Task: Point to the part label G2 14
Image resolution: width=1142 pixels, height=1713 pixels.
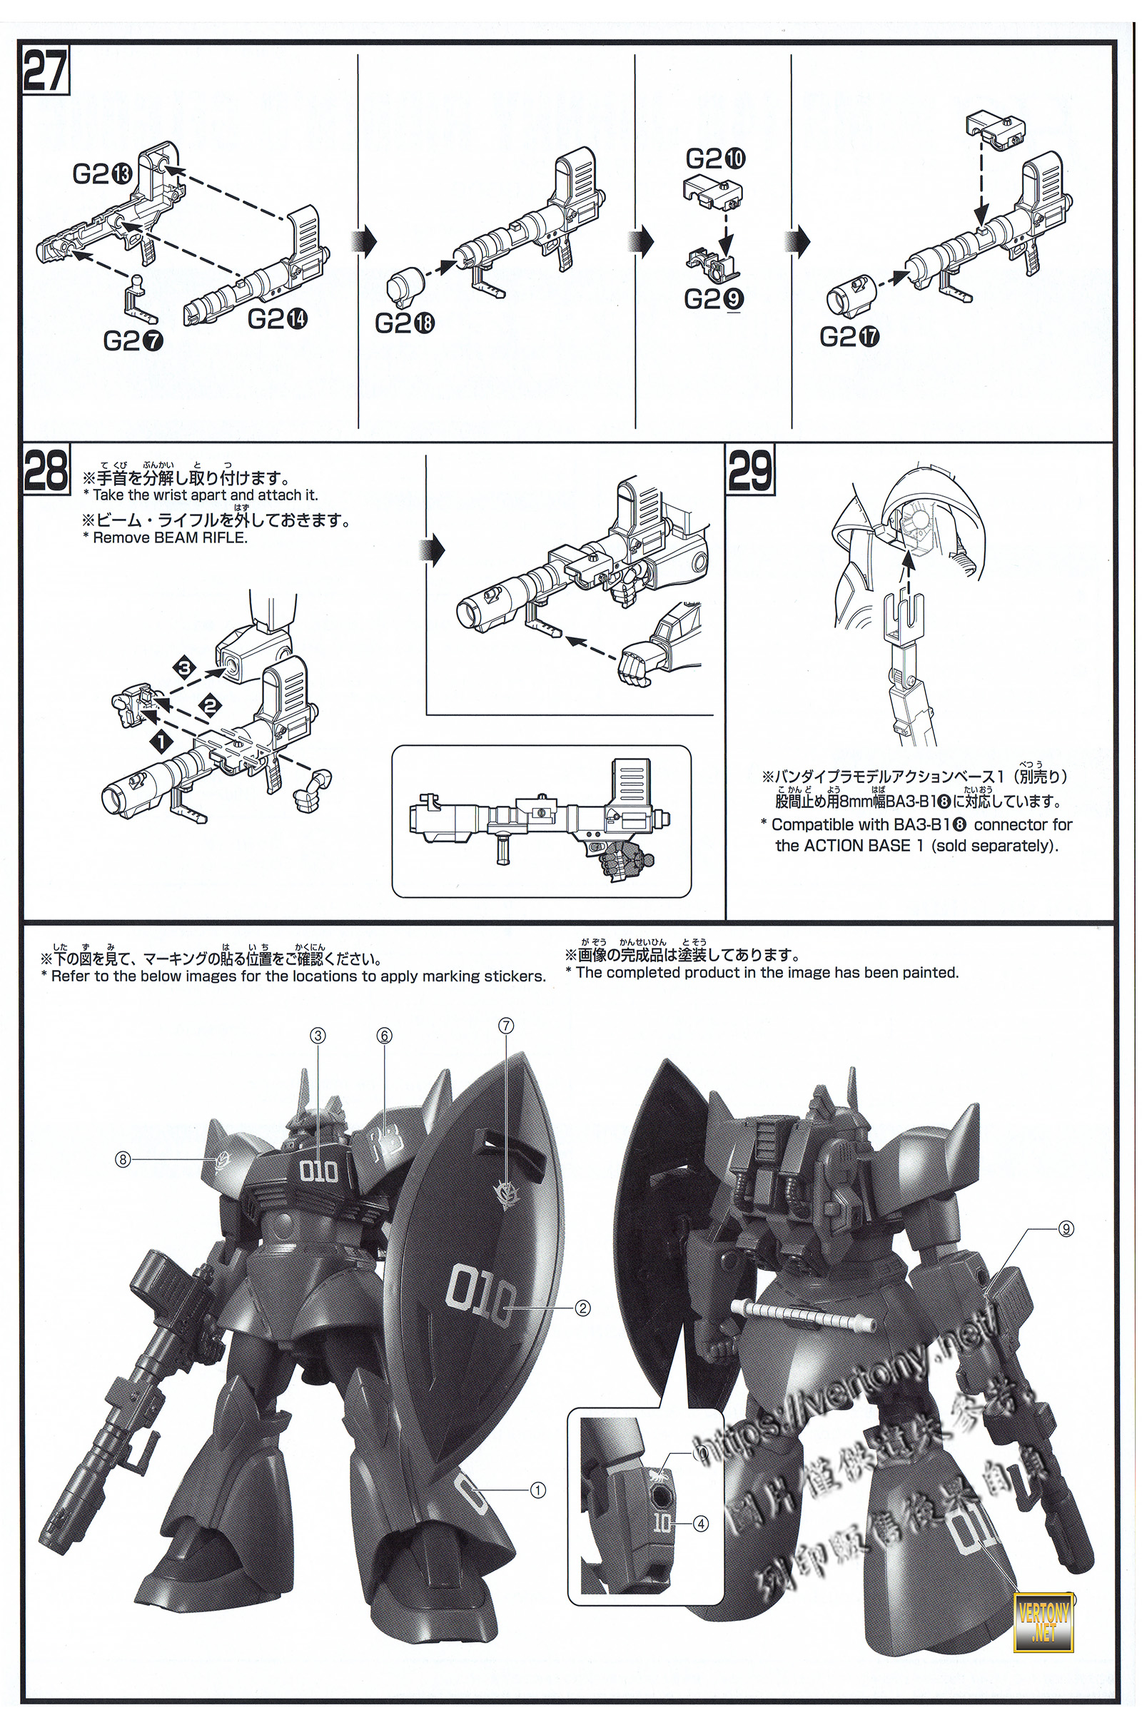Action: (x=278, y=318)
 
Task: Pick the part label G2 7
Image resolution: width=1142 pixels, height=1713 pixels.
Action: (x=133, y=340)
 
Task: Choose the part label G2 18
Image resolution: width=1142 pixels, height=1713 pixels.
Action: (x=404, y=323)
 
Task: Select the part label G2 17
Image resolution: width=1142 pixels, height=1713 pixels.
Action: (x=849, y=336)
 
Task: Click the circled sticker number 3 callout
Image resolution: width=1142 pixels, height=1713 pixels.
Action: (x=318, y=1036)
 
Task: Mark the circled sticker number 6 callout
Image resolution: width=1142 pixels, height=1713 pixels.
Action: (x=385, y=1036)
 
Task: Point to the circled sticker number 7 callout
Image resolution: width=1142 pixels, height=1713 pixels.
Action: (x=505, y=1026)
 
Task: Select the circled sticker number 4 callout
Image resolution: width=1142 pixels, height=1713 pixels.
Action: (x=701, y=1522)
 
